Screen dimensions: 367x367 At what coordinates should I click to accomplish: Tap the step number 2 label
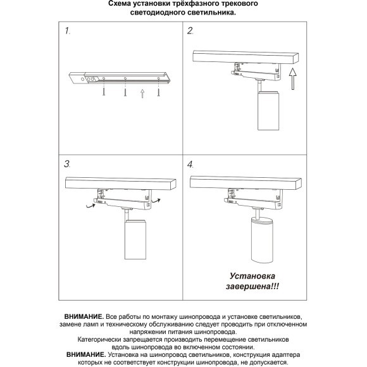(x=190, y=30)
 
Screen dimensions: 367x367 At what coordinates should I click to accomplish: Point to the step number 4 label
(x=190, y=164)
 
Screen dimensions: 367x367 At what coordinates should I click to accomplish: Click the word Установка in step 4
(x=251, y=277)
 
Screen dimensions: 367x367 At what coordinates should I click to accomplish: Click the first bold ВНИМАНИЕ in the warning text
(x=84, y=315)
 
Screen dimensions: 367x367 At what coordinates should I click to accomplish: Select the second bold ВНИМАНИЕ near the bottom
(x=82, y=355)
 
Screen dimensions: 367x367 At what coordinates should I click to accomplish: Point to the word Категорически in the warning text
(x=105, y=339)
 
